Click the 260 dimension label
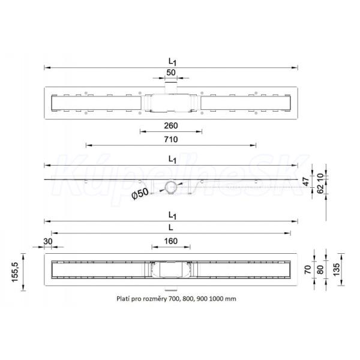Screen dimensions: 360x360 [171, 125]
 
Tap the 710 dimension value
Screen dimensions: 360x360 [171, 139]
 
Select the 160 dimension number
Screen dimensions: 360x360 [171, 241]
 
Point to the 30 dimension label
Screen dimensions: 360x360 [48, 241]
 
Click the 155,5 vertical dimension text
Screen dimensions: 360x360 [15, 272]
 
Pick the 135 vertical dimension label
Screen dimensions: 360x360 [336, 270]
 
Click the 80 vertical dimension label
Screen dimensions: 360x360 [320, 269]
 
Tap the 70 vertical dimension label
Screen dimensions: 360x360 [308, 269]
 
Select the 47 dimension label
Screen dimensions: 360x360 [306, 181]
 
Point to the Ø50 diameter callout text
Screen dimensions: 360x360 [140, 194]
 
